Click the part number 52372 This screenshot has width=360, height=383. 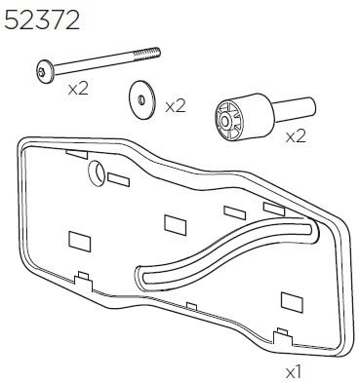tap(42, 20)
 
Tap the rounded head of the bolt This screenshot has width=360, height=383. tap(45, 72)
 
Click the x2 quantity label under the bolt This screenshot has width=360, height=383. tap(78, 89)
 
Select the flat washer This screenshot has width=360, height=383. tap(142, 99)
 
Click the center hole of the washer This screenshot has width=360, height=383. tap(141, 100)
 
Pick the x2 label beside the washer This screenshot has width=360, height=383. tap(175, 105)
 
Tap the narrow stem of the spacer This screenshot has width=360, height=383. tap(296, 109)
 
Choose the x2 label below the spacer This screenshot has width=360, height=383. tap(296, 136)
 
